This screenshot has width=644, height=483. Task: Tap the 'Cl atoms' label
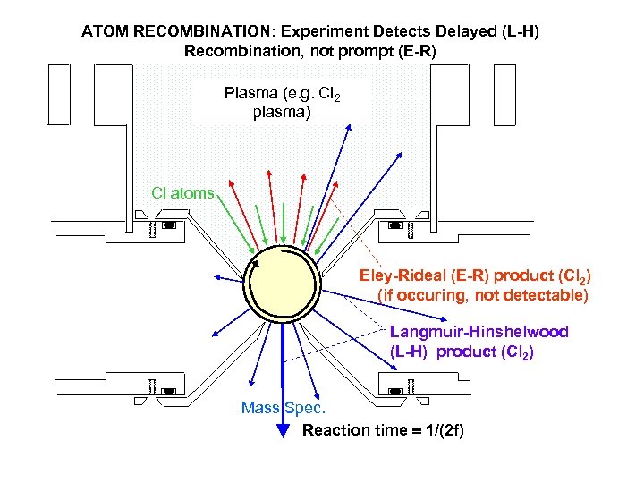[182, 192]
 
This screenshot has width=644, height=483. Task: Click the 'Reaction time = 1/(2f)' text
[383, 430]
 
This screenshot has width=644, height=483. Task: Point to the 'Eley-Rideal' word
[397, 275]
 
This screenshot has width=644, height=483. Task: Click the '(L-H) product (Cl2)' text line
[462, 352]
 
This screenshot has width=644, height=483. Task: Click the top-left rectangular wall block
[59, 94]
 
